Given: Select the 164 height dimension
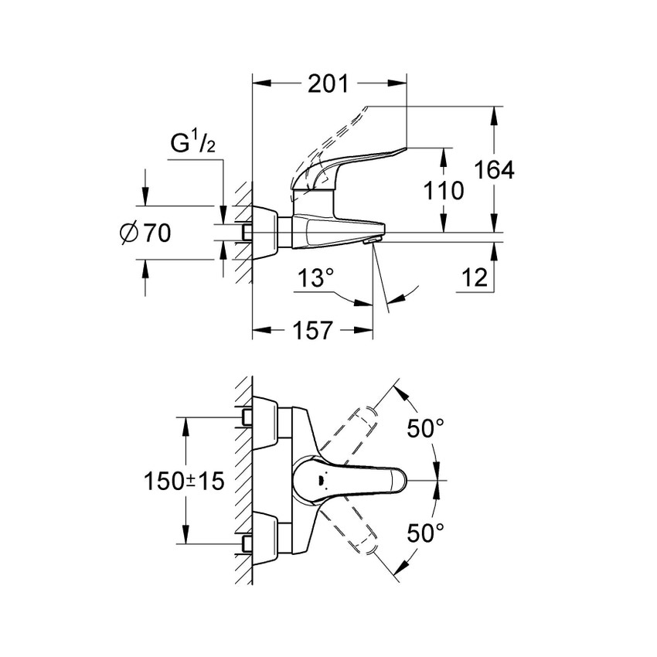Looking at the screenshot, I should click(x=495, y=170).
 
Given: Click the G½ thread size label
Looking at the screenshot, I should click(x=192, y=145).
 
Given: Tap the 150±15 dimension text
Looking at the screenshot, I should click(x=184, y=481).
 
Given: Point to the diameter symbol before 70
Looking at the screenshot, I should click(x=130, y=232).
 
